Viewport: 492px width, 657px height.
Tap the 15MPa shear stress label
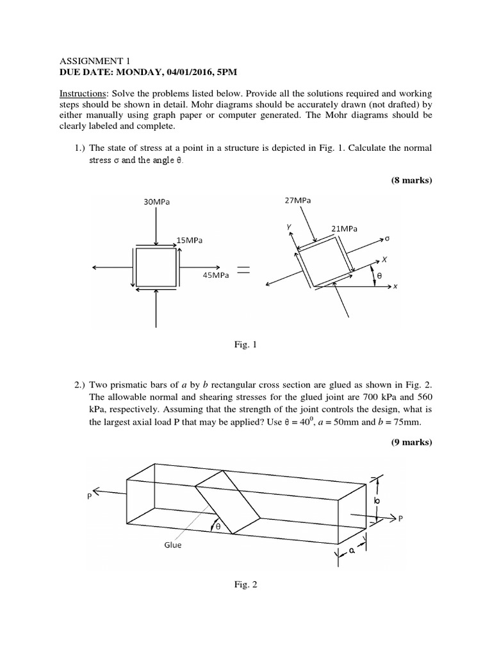[x=189, y=241]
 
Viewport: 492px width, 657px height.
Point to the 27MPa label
[x=297, y=200]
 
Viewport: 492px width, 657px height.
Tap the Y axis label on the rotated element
[x=290, y=226]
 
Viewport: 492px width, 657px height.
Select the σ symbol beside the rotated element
[x=387, y=239]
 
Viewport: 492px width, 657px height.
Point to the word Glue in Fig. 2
[x=172, y=545]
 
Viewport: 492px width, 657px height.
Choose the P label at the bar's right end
[x=400, y=520]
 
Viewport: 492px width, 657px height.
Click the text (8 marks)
[x=412, y=180]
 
